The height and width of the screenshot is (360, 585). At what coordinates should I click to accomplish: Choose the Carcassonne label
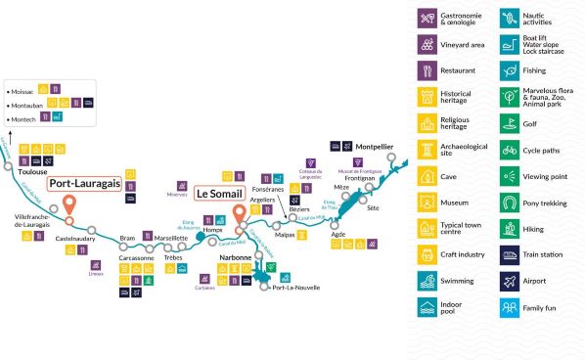pyautogui.click(x=136, y=257)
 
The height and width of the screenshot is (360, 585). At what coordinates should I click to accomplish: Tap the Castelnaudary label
pyautogui.click(x=74, y=238)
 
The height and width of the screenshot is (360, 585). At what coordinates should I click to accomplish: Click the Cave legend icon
pyautogui.click(x=427, y=176)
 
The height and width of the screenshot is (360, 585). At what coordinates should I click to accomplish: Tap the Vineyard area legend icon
pyautogui.click(x=427, y=44)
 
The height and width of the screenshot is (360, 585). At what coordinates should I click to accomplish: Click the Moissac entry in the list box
pyautogui.click(x=27, y=90)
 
